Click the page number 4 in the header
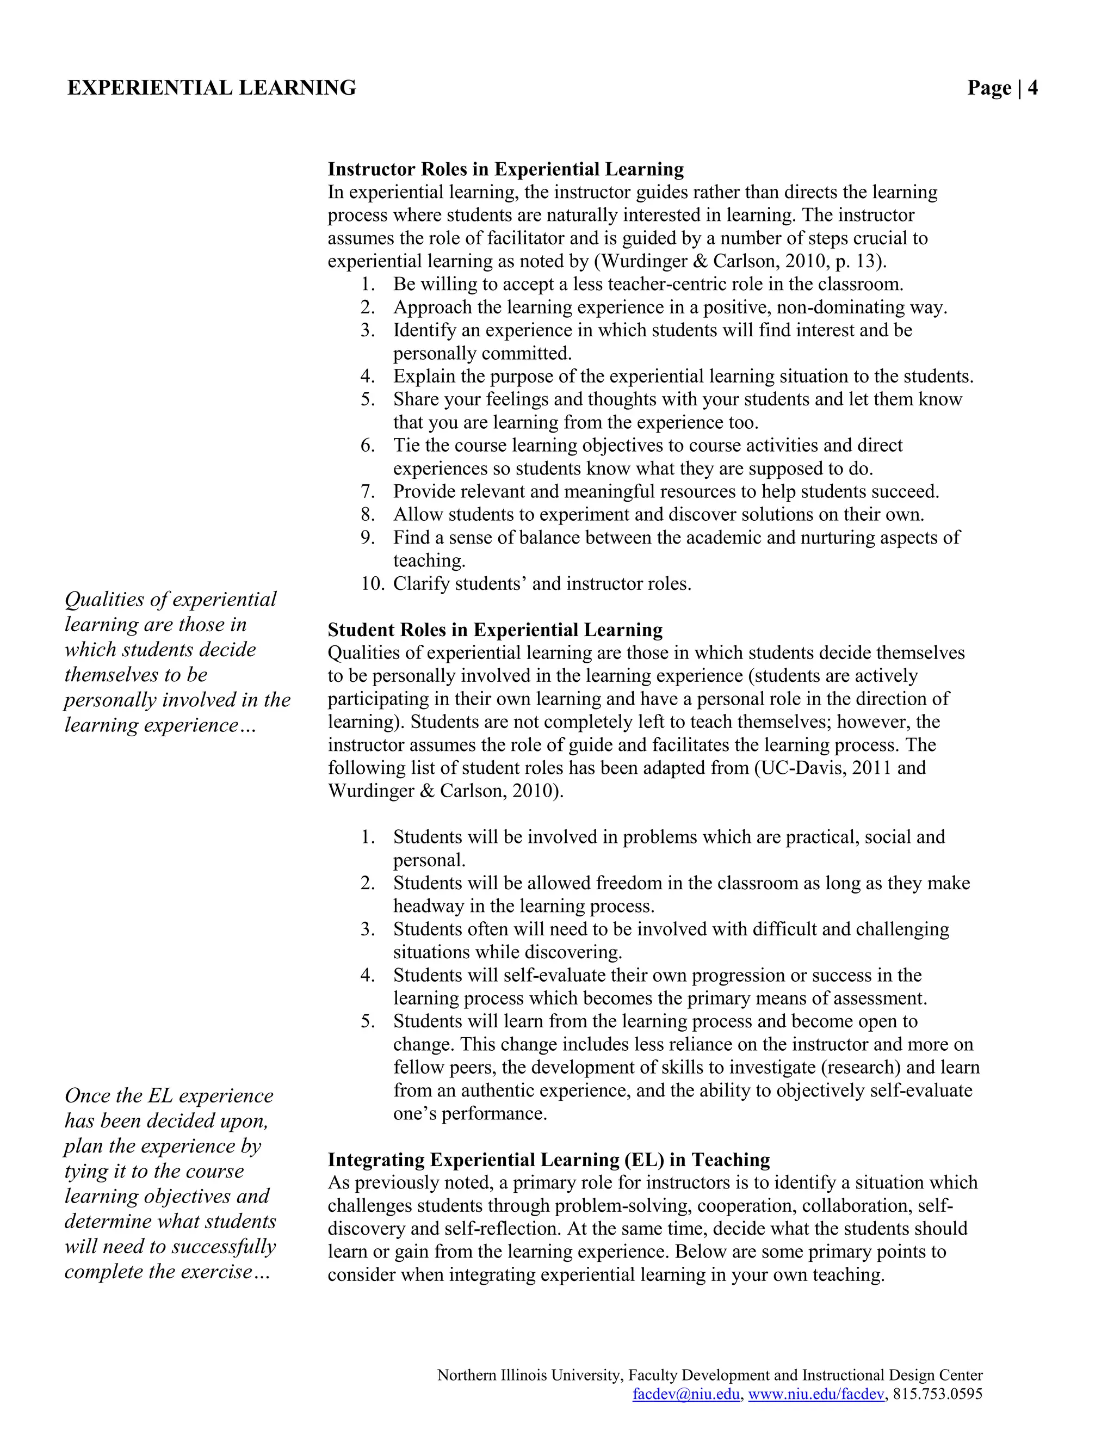1031,88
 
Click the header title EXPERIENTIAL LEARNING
212,88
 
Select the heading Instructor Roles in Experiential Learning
505,169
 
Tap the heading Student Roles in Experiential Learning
495,630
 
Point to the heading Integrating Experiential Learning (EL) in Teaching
548,1160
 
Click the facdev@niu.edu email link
686,1394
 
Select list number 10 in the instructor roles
372,584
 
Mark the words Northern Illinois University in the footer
529,1375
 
